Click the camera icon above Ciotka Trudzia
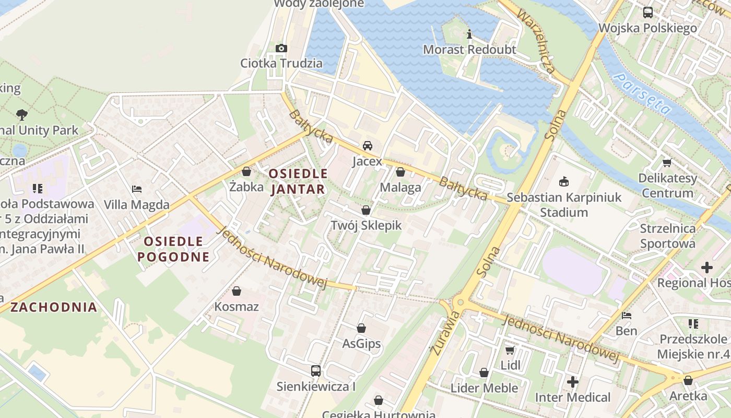pos(281,49)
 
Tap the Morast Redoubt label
pos(469,50)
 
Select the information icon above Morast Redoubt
pos(469,34)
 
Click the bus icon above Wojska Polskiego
pos(648,13)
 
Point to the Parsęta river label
pos(642,94)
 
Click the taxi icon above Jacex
pos(368,146)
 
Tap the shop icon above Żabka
pos(246,171)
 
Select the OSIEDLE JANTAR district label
pos(298,181)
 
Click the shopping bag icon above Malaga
pos(400,172)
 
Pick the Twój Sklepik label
pos(366,225)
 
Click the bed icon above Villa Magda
pos(137,189)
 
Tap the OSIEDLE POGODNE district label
pos(173,249)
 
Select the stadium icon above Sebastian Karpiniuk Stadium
pos(564,182)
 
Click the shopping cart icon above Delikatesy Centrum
pos(667,163)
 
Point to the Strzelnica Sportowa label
pos(668,236)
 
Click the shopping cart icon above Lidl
pos(510,350)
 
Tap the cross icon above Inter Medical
pos(573,382)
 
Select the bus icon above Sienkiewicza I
pos(316,371)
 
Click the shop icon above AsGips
pos(361,328)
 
